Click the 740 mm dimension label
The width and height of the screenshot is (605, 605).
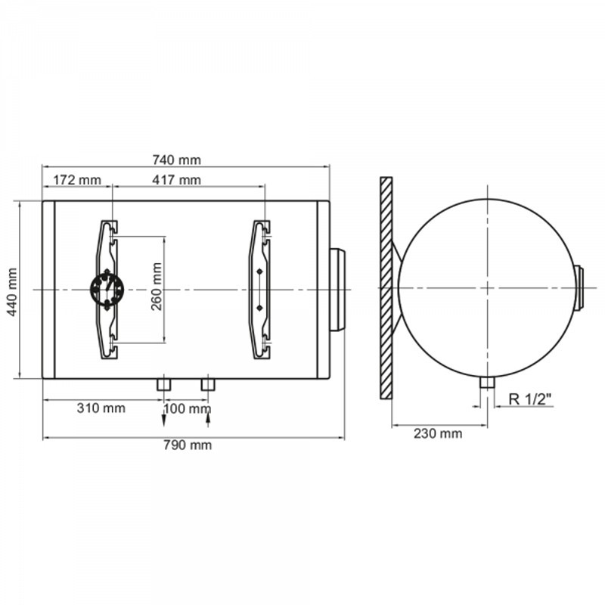tap(177, 160)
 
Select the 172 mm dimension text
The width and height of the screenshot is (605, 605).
tap(77, 180)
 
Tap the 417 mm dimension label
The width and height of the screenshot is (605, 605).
tap(177, 180)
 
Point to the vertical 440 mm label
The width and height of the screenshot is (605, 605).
tap(12, 292)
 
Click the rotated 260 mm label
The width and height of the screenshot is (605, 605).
tap(157, 287)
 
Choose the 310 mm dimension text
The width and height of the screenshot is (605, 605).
tap(101, 408)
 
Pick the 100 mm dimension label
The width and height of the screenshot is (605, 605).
tap(188, 408)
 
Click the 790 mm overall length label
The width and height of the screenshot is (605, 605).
tap(188, 445)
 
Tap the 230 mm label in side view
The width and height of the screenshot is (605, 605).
tap(438, 433)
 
